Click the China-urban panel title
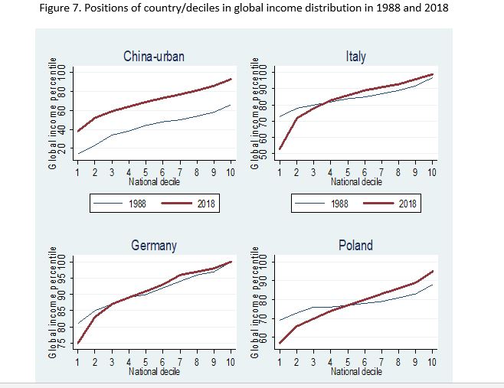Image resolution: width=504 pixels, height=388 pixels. point(154,57)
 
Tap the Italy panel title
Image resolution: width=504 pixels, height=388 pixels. point(356,57)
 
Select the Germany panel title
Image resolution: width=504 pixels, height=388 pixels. point(154,246)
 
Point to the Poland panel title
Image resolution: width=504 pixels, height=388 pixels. point(356,246)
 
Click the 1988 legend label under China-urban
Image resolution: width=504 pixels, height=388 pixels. point(137,204)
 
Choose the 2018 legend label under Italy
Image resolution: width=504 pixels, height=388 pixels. point(407,204)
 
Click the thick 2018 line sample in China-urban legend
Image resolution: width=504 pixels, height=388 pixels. point(176,203)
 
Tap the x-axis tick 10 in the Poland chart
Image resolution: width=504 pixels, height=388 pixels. point(432,362)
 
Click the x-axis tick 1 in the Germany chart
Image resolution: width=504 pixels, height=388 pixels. point(77,362)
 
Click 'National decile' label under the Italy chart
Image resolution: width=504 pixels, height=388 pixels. point(356,182)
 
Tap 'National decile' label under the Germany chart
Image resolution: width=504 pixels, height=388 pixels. point(154,372)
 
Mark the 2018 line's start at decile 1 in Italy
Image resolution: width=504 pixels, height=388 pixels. point(280,148)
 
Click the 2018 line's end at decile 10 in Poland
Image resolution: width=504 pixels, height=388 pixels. point(432,272)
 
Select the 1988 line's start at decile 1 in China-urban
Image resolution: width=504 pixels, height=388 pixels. point(78,154)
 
